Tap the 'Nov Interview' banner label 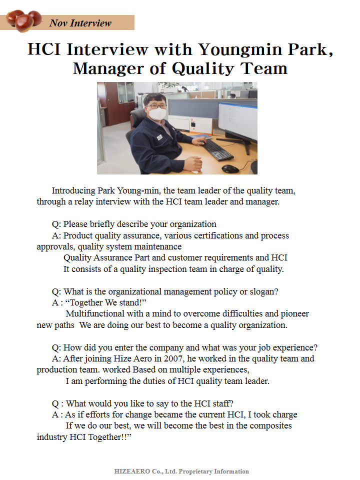click(80, 23)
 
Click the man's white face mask click(158, 114)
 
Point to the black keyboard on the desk click(218, 149)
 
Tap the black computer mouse click(230, 168)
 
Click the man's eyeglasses click(156, 105)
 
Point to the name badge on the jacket click(159, 136)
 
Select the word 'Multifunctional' click(95, 314)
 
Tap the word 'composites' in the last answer click(268, 426)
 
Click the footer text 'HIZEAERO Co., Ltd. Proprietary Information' click(181, 471)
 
